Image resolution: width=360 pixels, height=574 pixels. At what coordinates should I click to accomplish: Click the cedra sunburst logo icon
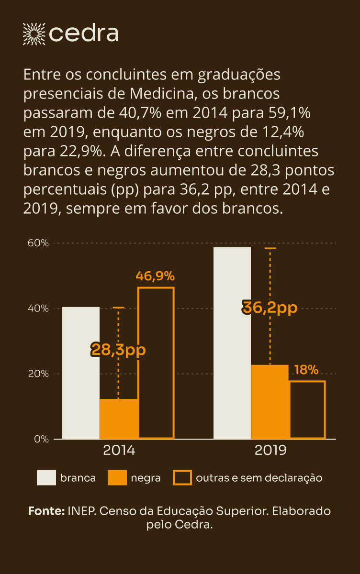click(x=34, y=33)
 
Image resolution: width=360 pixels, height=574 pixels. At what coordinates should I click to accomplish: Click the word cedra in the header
click(x=84, y=33)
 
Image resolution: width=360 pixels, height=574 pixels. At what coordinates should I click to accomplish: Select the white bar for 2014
click(x=81, y=373)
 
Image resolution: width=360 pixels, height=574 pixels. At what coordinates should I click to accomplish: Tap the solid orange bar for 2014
click(x=119, y=419)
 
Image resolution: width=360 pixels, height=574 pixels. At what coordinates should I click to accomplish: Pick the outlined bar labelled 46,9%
click(x=156, y=363)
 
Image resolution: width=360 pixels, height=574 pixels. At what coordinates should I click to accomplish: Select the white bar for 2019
click(x=232, y=342)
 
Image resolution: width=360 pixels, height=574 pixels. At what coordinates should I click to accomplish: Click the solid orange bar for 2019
click(x=270, y=401)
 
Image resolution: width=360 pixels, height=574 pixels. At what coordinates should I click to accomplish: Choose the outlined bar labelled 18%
click(x=307, y=409)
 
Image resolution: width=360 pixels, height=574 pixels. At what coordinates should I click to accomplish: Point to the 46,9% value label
click(x=155, y=276)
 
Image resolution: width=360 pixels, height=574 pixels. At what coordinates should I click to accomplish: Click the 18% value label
click(x=306, y=370)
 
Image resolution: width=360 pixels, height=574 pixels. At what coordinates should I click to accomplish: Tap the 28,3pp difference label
click(x=118, y=350)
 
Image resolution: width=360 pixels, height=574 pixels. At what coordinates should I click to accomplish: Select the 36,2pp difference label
click(x=270, y=308)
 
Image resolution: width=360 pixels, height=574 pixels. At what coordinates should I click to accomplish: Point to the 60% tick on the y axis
click(x=38, y=243)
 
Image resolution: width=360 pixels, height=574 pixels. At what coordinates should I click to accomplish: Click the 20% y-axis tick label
click(x=38, y=374)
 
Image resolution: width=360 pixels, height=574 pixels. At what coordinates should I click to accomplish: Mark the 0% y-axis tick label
click(x=41, y=439)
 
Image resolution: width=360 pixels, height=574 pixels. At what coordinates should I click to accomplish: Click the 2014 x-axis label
click(x=119, y=451)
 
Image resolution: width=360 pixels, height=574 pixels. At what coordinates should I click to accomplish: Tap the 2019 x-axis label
click(x=270, y=451)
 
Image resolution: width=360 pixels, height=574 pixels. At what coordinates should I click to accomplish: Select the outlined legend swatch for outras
click(x=182, y=477)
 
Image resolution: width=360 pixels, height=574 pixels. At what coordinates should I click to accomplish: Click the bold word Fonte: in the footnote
click(x=46, y=511)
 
